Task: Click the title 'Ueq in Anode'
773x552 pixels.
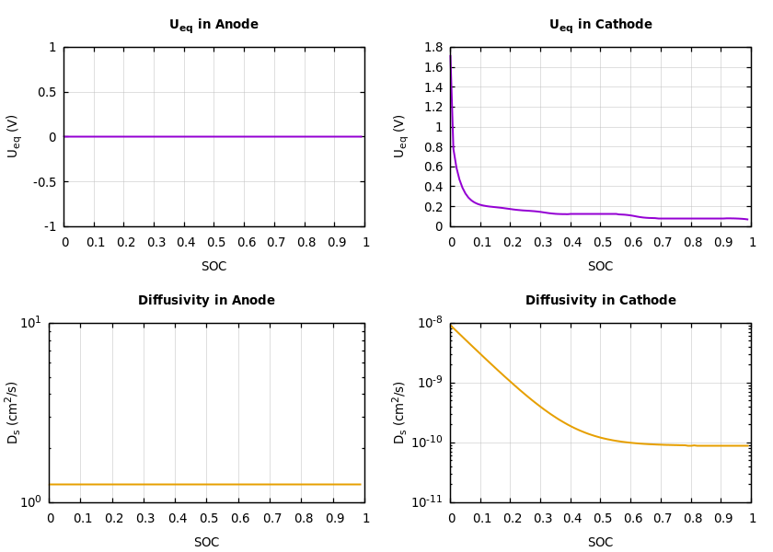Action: click(x=213, y=25)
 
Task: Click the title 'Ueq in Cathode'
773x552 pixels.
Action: click(x=600, y=25)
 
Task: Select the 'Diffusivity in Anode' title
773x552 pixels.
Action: click(x=206, y=300)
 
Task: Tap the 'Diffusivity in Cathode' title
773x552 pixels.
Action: click(x=600, y=300)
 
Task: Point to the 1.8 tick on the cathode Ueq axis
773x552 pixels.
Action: click(x=432, y=48)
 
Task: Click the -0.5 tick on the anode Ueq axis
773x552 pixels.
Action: click(x=44, y=181)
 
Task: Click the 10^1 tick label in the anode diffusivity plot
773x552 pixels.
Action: click(x=30, y=322)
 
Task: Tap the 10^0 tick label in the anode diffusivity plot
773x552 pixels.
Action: click(x=30, y=501)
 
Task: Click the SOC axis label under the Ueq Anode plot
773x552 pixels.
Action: click(x=213, y=267)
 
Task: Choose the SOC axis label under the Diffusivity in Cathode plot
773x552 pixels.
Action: click(x=600, y=542)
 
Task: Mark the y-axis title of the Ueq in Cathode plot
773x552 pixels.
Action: click(x=400, y=136)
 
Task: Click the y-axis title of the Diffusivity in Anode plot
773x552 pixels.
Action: click(x=14, y=412)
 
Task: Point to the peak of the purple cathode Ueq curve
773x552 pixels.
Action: click(x=450, y=53)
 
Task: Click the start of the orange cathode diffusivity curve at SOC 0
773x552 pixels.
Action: click(x=451, y=327)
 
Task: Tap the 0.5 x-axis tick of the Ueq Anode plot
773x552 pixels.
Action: click(x=213, y=243)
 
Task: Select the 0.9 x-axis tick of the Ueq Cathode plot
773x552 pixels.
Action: click(x=721, y=243)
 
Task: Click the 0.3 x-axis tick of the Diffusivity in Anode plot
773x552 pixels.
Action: click(x=144, y=518)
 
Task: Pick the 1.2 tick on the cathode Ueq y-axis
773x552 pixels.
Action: click(x=432, y=107)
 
